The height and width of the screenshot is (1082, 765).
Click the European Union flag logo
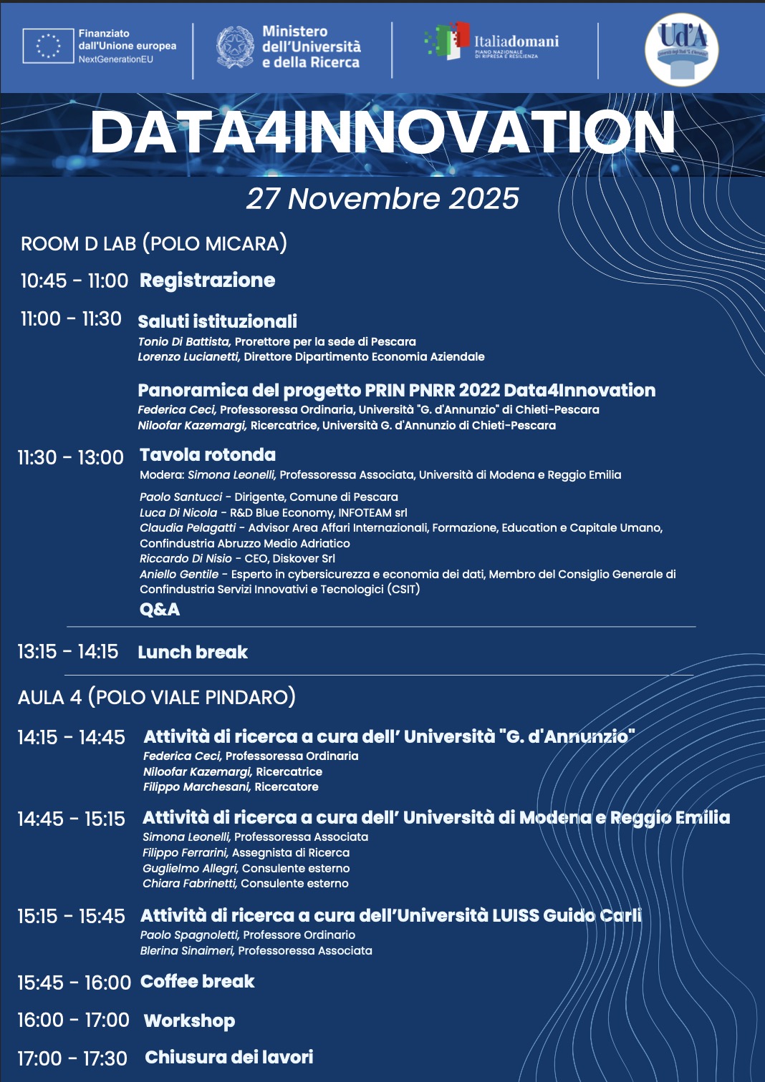(x=48, y=46)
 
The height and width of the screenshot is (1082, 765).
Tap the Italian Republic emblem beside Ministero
(x=235, y=47)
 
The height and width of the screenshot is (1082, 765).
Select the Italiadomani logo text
(x=516, y=42)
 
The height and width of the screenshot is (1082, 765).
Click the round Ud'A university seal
(x=681, y=49)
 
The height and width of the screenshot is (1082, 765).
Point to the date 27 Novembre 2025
(x=382, y=199)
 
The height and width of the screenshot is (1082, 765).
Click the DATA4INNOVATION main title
(x=382, y=133)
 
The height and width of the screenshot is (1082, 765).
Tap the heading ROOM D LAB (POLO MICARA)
(x=154, y=244)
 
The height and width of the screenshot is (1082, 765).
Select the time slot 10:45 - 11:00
(x=74, y=281)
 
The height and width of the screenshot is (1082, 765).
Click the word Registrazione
(x=207, y=281)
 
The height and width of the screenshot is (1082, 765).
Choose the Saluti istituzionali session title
(x=217, y=321)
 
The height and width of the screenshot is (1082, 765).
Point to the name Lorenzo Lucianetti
(x=188, y=357)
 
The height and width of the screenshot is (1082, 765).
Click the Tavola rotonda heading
(x=208, y=455)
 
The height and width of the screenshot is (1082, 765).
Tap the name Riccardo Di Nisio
(x=186, y=559)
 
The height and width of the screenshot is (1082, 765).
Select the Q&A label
(x=160, y=610)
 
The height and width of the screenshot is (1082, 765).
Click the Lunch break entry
(x=193, y=653)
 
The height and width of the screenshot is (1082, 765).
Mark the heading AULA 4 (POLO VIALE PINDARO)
(x=157, y=698)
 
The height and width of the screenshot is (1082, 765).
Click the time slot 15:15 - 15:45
(x=71, y=917)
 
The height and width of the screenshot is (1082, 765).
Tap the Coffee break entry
(x=198, y=982)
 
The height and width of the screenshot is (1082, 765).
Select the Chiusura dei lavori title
(x=229, y=1058)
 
